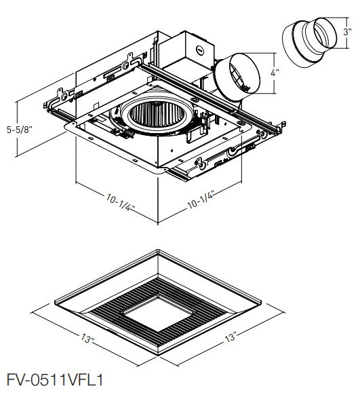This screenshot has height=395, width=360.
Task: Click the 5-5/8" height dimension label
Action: click(20, 130)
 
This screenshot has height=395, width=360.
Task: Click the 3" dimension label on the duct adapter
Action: click(347, 32)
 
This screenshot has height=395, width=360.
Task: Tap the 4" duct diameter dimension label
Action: click(275, 73)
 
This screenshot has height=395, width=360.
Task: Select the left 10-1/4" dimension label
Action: click(120, 202)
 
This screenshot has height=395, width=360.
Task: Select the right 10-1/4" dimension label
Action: click(201, 200)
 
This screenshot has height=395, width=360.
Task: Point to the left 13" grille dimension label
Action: click(87, 338)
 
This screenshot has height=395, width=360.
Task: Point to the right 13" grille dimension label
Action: click(231, 337)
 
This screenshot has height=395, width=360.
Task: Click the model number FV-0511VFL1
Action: click(55, 379)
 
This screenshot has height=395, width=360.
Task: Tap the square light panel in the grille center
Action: click(158, 314)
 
